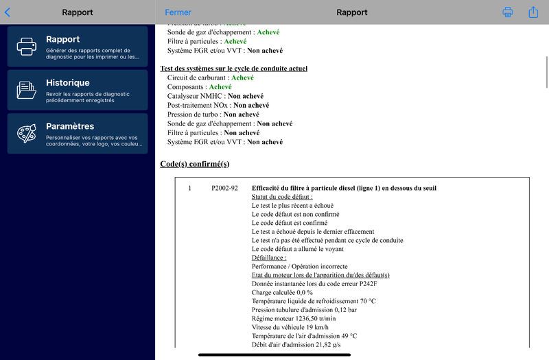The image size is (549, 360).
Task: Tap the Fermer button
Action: [x=178, y=12]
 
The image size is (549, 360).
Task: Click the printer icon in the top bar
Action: [x=508, y=12]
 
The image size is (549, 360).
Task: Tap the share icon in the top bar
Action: [x=533, y=12]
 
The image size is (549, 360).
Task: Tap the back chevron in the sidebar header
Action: [x=8, y=12]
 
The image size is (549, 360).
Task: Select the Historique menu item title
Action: [x=67, y=83]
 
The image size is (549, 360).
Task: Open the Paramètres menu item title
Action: [x=69, y=126]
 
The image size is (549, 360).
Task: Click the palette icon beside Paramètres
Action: [x=27, y=134]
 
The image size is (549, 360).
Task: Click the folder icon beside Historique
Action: [x=27, y=90]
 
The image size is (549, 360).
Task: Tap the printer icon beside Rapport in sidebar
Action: [x=27, y=47]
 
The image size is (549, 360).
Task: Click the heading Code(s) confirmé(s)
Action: [x=194, y=164]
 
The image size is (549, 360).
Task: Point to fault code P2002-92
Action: [x=224, y=188]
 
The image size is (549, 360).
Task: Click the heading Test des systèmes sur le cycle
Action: [x=233, y=69]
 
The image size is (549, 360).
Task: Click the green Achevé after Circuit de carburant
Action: [x=242, y=78]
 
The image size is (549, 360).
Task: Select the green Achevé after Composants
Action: [x=220, y=87]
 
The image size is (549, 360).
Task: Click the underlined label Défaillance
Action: [x=269, y=258]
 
